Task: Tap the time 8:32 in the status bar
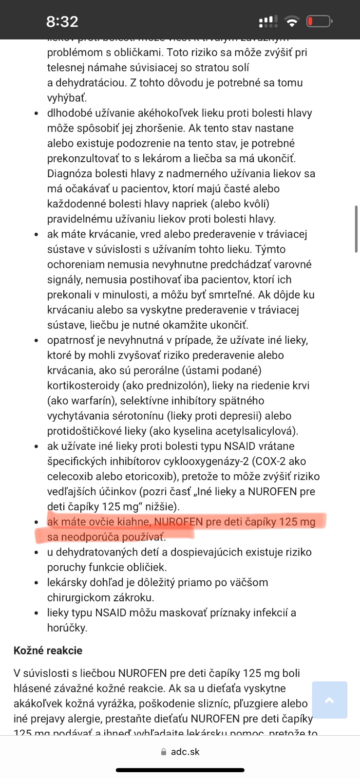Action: click(x=62, y=21)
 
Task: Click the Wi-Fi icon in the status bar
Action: click(x=292, y=21)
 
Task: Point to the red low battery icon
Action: click(x=319, y=21)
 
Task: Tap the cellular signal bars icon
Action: click(x=268, y=21)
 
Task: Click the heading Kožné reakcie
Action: click(x=48, y=650)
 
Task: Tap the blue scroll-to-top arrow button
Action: click(x=329, y=700)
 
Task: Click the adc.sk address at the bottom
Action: click(x=185, y=752)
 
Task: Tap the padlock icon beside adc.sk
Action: click(x=164, y=752)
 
